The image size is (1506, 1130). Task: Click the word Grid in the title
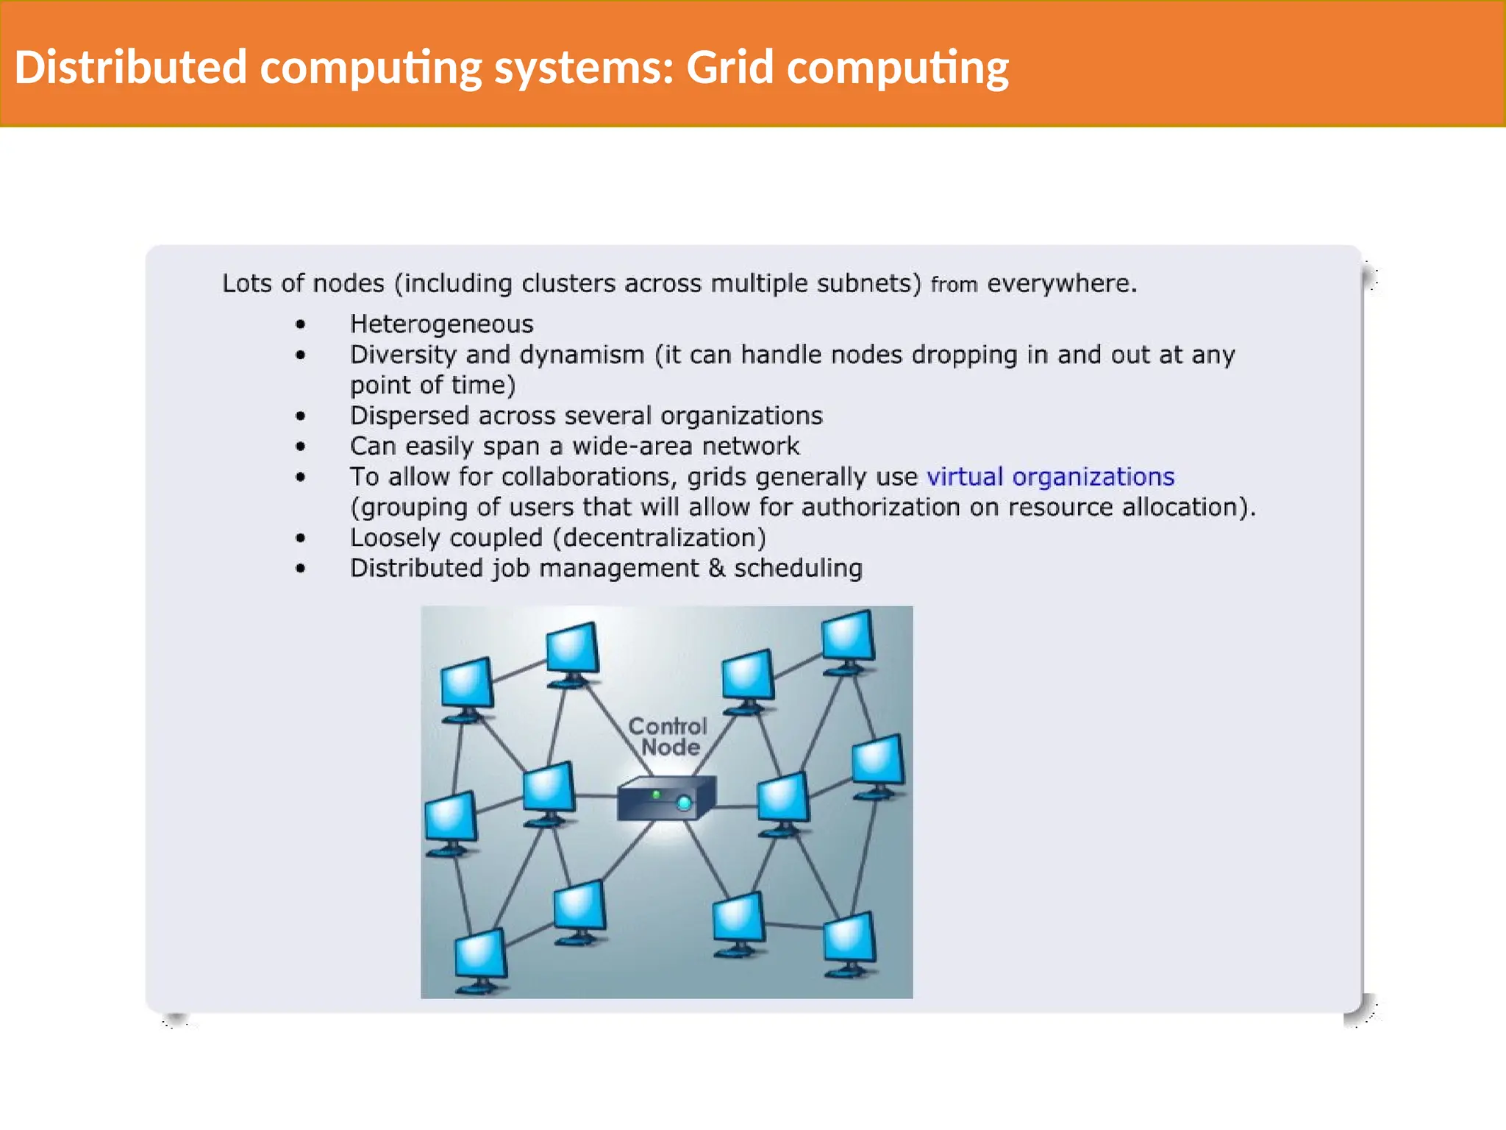pos(729,68)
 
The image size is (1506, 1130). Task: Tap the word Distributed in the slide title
pos(130,68)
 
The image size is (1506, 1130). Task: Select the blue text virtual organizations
pos(1050,477)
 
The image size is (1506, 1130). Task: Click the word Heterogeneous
pos(441,324)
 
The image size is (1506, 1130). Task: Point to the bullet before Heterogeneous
pos(300,324)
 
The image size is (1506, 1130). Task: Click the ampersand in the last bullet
pos(716,568)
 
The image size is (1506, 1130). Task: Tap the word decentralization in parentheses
pos(660,538)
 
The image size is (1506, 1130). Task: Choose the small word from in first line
pos(954,285)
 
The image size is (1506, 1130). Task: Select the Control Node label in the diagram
pos(668,736)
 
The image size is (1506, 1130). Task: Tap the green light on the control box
pos(657,794)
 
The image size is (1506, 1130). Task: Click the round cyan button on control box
pos(684,803)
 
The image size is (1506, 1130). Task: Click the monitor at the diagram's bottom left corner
pos(480,957)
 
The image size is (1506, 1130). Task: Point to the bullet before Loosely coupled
pos(300,538)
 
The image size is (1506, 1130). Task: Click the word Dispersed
pos(410,416)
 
